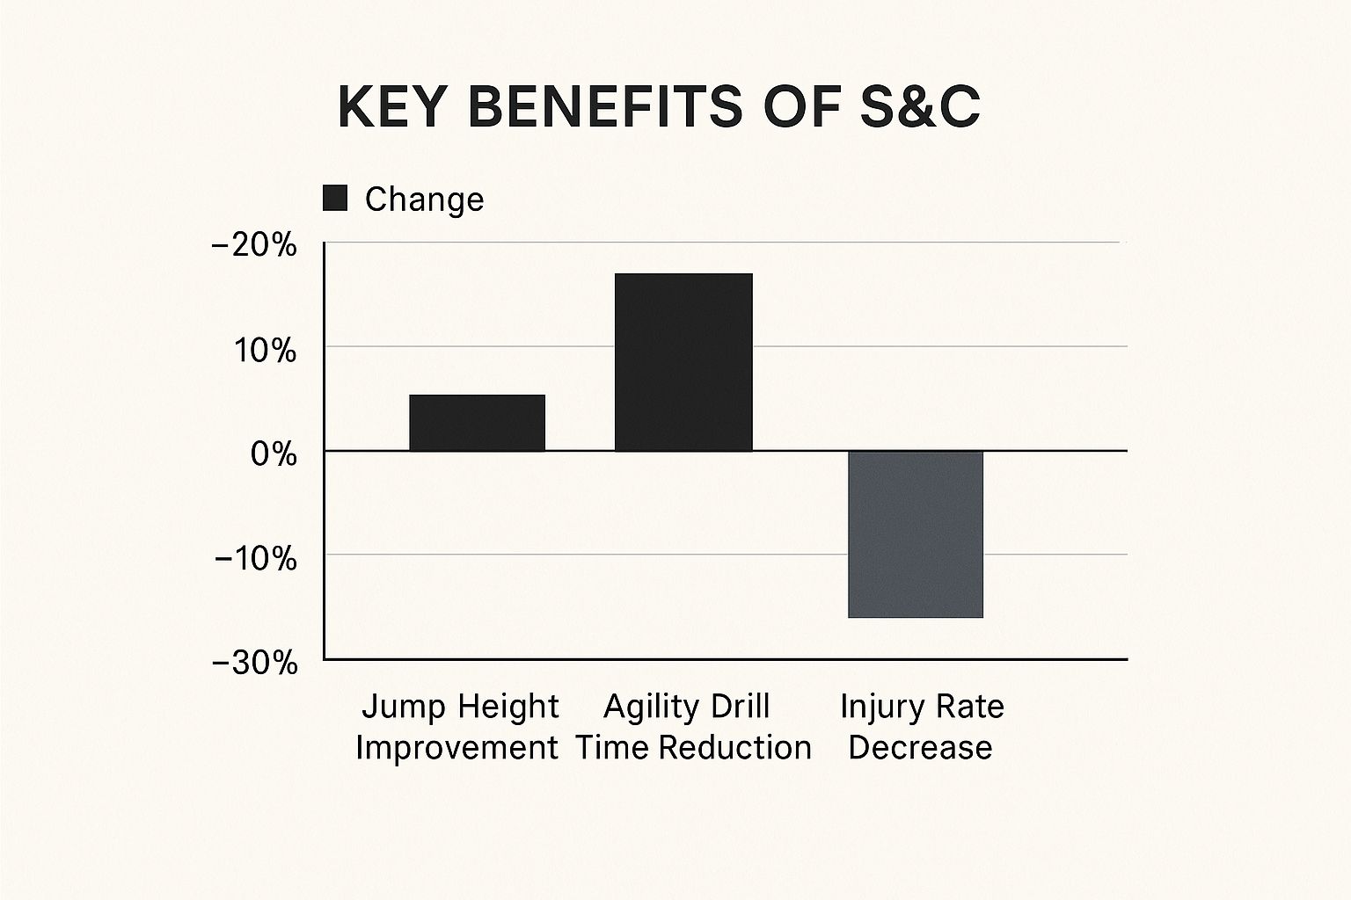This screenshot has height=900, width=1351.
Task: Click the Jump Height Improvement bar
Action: click(477, 423)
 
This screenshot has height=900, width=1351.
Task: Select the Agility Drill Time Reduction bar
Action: click(683, 362)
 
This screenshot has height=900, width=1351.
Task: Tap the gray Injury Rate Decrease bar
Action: click(915, 534)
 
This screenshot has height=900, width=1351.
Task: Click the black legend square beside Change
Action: click(335, 199)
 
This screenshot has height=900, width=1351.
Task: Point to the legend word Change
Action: click(424, 200)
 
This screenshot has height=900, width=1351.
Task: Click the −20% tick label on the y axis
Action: click(255, 245)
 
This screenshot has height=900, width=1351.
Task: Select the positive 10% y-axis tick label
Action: click(265, 351)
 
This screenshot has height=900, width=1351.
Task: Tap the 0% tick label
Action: click(274, 454)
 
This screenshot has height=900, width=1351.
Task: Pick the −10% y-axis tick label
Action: click(256, 558)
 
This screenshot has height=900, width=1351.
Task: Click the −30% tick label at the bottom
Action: click(255, 663)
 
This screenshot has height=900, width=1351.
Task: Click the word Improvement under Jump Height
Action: click(456, 748)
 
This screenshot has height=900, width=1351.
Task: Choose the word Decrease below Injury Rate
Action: click(920, 748)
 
